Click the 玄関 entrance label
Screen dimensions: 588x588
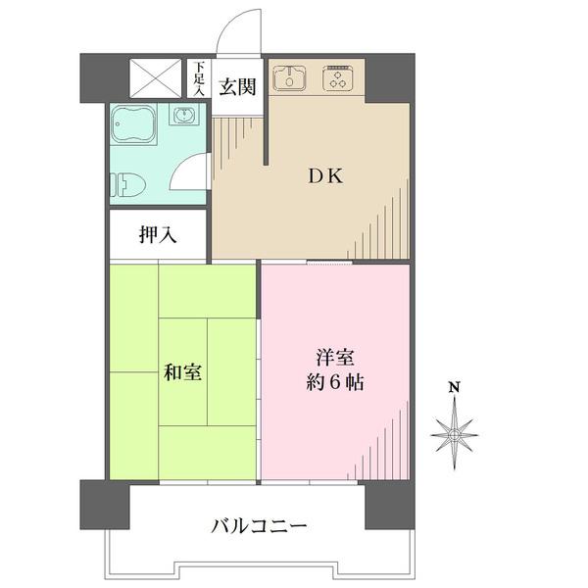click(x=237, y=87)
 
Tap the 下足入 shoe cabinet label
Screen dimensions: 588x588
click(x=199, y=78)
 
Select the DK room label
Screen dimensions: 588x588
click(x=325, y=176)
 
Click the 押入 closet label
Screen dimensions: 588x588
click(x=158, y=235)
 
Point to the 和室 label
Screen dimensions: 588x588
click(x=182, y=372)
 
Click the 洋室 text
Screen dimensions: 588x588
click(x=335, y=357)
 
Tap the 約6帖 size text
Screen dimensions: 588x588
click(x=335, y=383)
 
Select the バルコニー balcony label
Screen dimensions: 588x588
click(x=259, y=525)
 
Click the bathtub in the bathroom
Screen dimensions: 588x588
click(x=133, y=123)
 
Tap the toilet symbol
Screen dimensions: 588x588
click(x=127, y=184)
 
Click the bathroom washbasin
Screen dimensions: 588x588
click(x=184, y=115)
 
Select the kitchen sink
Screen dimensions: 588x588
click(x=289, y=78)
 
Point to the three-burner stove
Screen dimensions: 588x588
click(x=337, y=78)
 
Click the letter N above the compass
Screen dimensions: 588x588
click(x=455, y=387)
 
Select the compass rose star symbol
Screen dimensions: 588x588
click(x=455, y=434)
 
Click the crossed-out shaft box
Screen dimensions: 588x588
click(x=156, y=78)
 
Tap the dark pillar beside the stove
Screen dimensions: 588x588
click(x=390, y=78)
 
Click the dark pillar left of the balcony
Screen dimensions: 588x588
click(x=105, y=505)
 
